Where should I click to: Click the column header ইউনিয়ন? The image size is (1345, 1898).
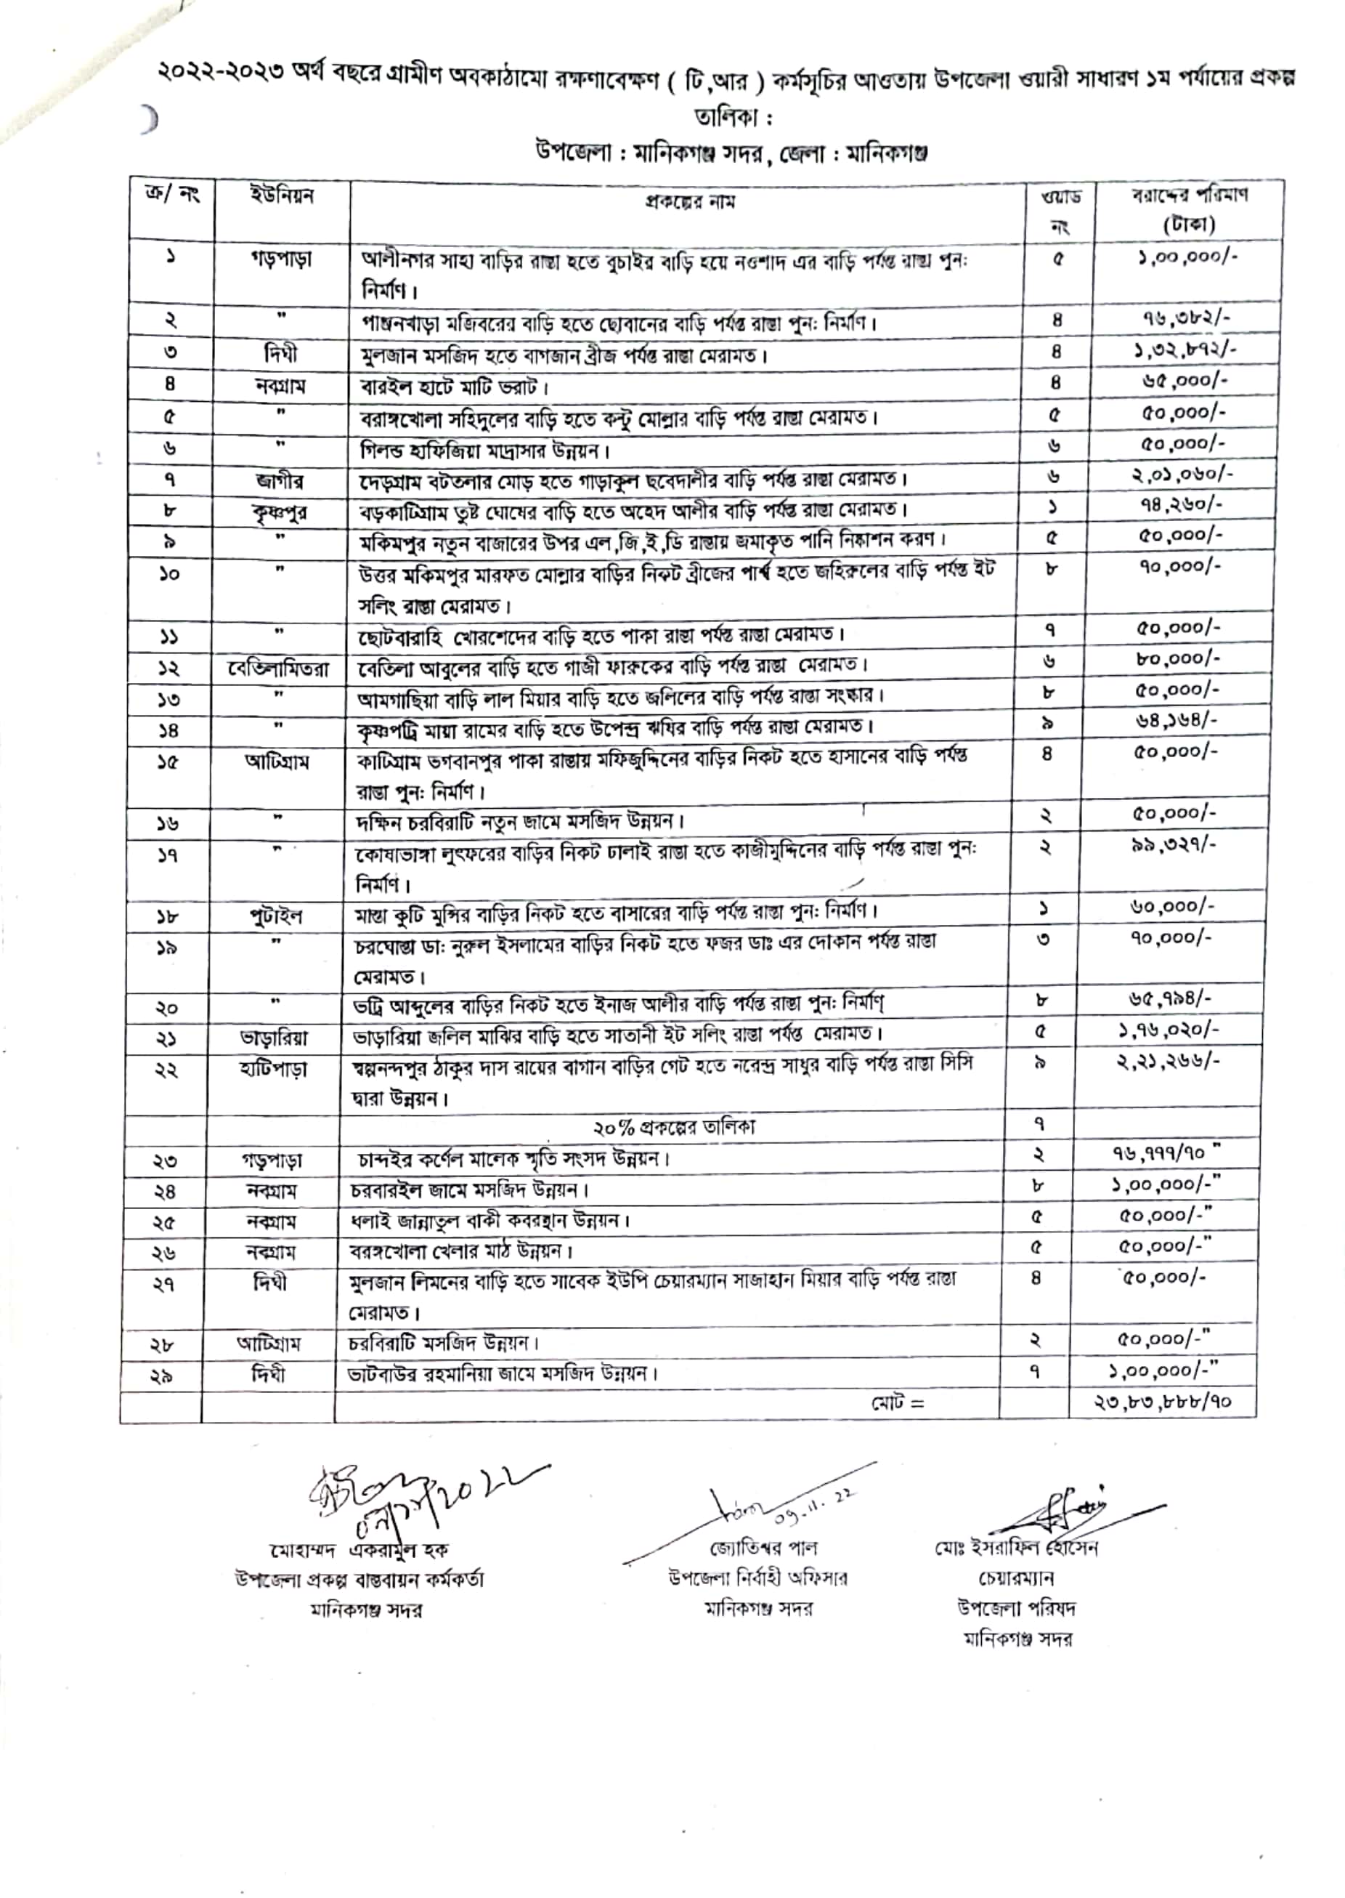pos(282,198)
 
